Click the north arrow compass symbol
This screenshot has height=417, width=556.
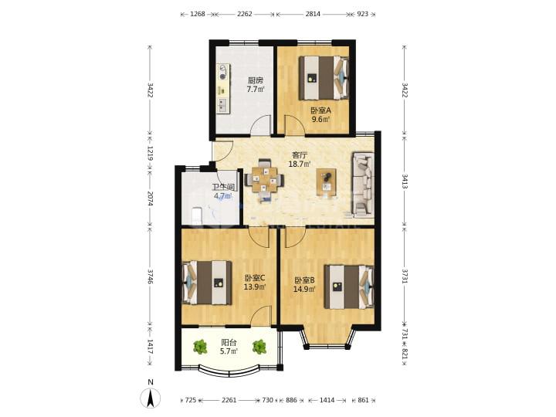[151, 397]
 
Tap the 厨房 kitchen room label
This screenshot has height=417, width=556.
[256, 80]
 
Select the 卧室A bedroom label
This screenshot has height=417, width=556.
[321, 110]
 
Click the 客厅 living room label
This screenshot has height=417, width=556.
[300, 155]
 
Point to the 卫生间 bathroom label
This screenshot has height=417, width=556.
[223, 187]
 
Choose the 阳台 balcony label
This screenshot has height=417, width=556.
[229, 343]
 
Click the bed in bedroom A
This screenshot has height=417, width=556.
[324, 78]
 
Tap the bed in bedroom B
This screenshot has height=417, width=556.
[349, 286]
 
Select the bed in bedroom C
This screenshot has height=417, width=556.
[207, 283]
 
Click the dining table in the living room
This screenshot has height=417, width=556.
[265, 180]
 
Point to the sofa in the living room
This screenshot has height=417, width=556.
[363, 185]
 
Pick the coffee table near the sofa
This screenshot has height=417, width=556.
[326, 182]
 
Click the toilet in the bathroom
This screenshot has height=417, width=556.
[196, 216]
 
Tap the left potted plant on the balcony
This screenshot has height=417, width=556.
[200, 347]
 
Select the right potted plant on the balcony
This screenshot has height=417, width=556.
[259, 347]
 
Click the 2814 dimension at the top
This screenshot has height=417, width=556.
[313, 14]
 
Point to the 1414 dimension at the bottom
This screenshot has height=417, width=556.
[327, 400]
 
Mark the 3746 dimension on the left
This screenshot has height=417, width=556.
[151, 276]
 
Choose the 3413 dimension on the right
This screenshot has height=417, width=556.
[404, 181]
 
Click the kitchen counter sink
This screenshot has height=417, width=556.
[223, 104]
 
